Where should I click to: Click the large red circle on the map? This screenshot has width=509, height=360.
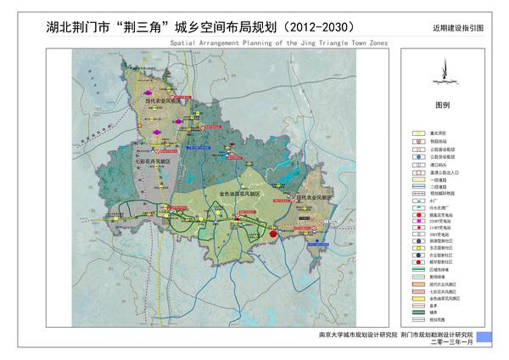[273, 233]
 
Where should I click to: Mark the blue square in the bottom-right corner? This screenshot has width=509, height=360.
[484, 337]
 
